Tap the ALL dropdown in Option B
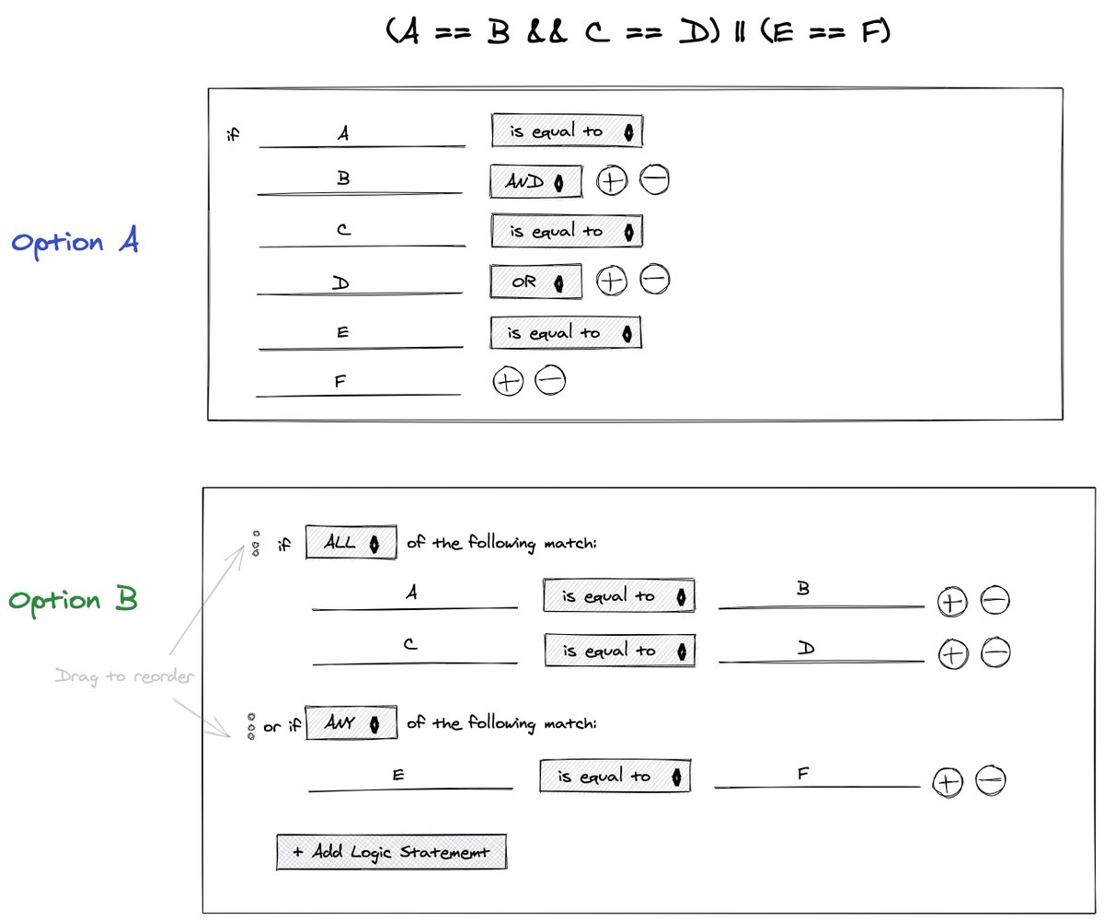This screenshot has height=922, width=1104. pyautogui.click(x=351, y=543)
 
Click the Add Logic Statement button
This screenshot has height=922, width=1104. pyautogui.click(x=391, y=852)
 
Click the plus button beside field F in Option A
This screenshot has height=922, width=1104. pyautogui.click(x=507, y=381)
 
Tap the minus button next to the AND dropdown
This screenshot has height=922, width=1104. pyautogui.click(x=654, y=181)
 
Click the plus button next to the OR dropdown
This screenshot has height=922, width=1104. pyautogui.click(x=611, y=280)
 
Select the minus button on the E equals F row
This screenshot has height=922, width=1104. pyautogui.click(x=991, y=781)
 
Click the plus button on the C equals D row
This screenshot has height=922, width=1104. pyautogui.click(x=952, y=654)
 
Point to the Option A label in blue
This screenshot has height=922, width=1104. pyautogui.click(x=75, y=243)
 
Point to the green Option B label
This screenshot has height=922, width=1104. pyautogui.click(x=74, y=601)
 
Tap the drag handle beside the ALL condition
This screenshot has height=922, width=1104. pyautogui.click(x=256, y=544)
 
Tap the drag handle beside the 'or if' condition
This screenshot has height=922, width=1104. pyautogui.click(x=250, y=726)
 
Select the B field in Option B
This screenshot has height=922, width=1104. pyautogui.click(x=820, y=596)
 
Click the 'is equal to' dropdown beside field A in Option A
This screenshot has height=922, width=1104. pyautogui.click(x=567, y=132)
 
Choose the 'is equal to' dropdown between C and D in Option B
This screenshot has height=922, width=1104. pyautogui.click(x=619, y=651)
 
